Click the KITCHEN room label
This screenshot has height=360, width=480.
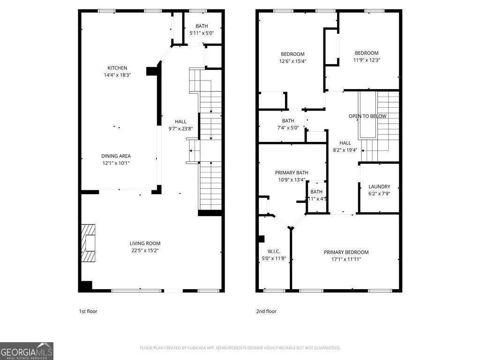[117, 68]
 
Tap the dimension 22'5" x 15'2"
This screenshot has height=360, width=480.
[145, 250]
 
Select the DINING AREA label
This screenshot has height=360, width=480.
[116, 156]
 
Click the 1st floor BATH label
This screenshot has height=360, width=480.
[202, 26]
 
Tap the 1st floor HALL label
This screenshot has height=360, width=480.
[180, 122]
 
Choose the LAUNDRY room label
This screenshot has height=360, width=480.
[379, 187]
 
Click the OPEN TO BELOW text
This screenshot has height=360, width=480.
[367, 116]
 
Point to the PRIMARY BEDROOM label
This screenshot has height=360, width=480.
[346, 252]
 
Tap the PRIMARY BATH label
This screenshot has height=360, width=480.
[292, 172]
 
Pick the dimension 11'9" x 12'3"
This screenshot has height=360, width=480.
[366, 60]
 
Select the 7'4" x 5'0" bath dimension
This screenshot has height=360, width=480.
[288, 127]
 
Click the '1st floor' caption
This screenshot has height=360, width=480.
[88, 311]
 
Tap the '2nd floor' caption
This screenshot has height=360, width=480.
[267, 311]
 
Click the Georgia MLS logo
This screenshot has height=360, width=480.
[27, 351]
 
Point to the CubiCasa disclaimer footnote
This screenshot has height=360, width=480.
[240, 348]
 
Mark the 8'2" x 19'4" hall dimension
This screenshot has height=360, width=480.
[345, 150]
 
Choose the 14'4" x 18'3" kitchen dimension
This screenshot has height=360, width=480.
[117, 75]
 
